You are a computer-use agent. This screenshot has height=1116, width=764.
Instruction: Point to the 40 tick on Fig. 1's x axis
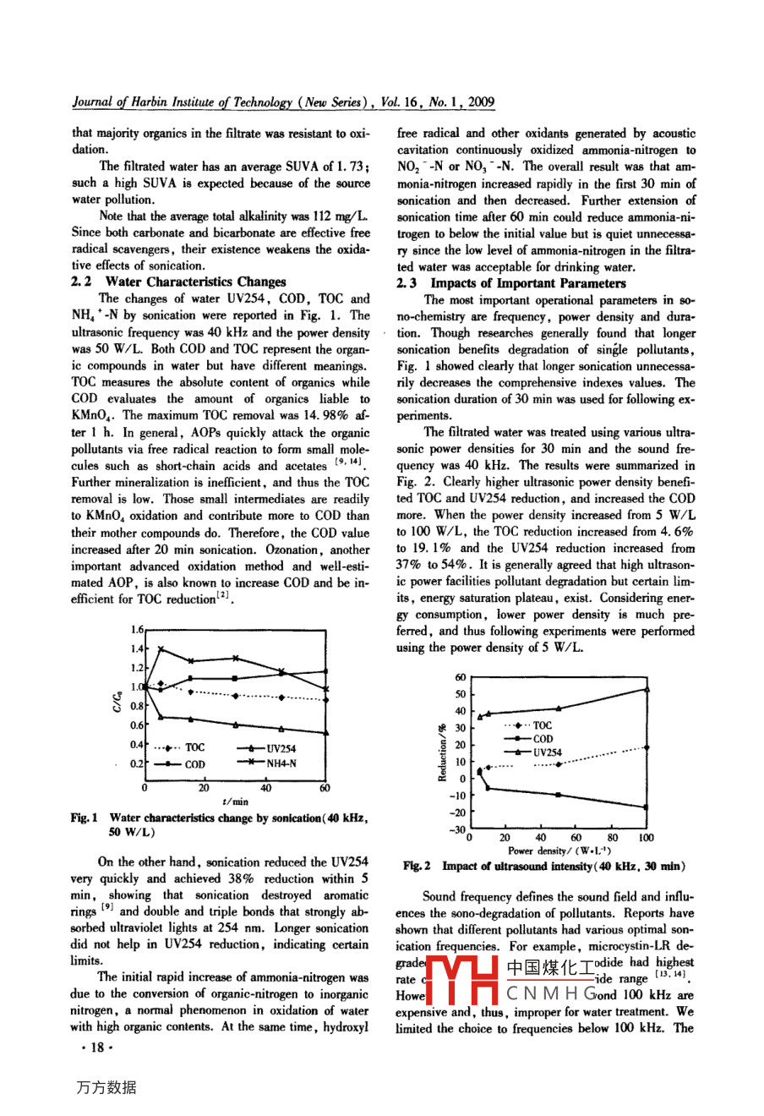pos(265,788)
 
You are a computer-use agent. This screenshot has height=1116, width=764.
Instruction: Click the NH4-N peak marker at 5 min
pos(161,649)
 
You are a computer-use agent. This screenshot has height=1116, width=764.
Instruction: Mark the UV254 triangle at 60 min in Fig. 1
pos(326,733)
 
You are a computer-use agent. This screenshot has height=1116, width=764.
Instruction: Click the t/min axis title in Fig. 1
pos(235,801)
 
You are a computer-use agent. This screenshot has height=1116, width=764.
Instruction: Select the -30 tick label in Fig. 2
pos(457,830)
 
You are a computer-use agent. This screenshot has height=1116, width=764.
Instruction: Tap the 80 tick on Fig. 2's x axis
pos(612,838)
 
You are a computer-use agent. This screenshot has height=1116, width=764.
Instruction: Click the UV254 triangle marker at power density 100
pos(647,689)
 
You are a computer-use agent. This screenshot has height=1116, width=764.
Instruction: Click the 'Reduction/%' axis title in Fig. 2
pos(442,752)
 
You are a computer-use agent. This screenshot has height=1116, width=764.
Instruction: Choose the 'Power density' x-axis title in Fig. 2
pos(559,851)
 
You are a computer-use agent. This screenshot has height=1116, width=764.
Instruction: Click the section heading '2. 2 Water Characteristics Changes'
pos(179,282)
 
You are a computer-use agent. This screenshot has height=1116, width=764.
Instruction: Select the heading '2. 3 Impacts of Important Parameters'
pos(510,283)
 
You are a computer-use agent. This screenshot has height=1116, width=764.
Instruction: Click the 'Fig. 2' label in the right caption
pos(417,867)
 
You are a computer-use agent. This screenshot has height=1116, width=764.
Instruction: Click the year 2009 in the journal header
pos(480,102)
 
